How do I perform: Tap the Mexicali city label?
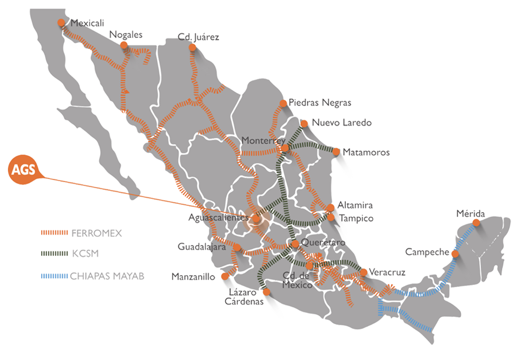pos(87,23)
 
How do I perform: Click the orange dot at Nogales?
pos(124,45)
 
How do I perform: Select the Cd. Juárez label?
pos(198,37)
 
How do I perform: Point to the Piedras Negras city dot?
pos(283,103)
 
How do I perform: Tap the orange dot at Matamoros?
pos(337,152)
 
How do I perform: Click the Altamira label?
pos(355,205)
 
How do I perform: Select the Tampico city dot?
pos(331,217)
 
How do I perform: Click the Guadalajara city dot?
pos(237,247)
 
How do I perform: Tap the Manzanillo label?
pos(194,277)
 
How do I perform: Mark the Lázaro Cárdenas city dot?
pos(267,292)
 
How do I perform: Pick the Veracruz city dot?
pos(364,272)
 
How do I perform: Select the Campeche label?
pos(427,251)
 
